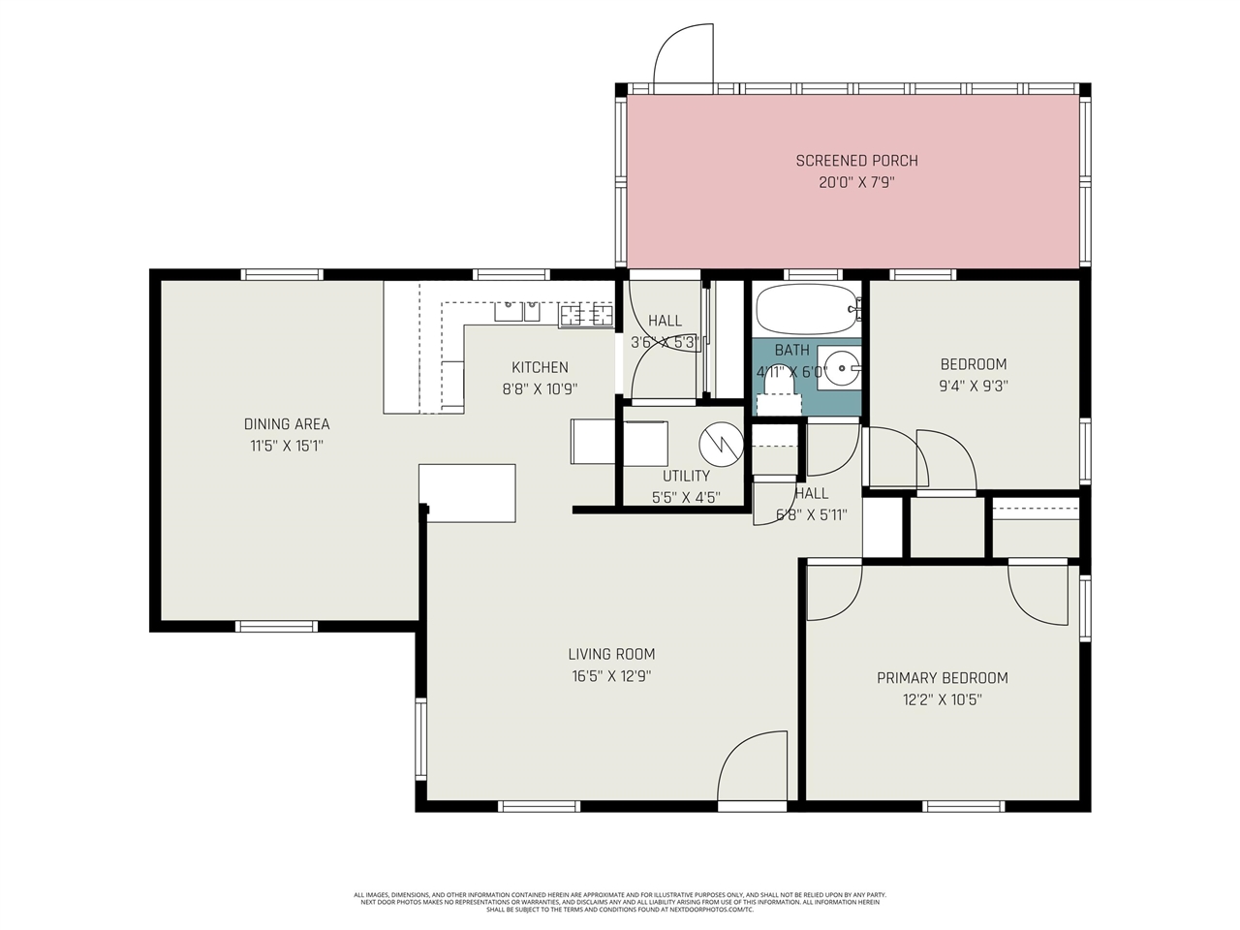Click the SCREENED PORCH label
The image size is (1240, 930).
tap(856, 161)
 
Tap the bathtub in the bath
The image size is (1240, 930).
tap(806, 308)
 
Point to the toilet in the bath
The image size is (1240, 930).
tap(779, 393)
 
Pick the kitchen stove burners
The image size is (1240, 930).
tap(586, 314)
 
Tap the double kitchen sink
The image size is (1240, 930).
tap(517, 311)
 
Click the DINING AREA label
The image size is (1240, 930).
tap(287, 424)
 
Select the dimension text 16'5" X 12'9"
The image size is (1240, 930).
tap(611, 676)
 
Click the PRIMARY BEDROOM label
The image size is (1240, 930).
tap(942, 678)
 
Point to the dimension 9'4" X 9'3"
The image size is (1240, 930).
tap(974, 385)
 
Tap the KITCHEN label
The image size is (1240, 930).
tap(540, 367)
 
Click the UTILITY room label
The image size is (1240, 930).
tap(686, 476)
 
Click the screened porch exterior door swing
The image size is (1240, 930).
tap(683, 53)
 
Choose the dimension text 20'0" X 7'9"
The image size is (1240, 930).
tap(856, 182)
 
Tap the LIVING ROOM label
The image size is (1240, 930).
tap(611, 654)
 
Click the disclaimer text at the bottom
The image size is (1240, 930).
tap(620, 902)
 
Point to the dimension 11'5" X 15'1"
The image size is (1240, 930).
tap(287, 447)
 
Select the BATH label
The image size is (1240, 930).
tap(791, 350)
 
